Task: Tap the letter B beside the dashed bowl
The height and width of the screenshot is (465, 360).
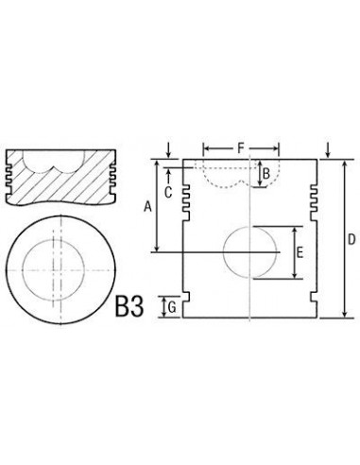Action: pos(266,173)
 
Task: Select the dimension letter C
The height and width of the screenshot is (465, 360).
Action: pos(166,192)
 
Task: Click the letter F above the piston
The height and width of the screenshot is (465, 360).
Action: pos(241,146)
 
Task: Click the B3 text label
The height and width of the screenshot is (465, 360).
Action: pos(132,307)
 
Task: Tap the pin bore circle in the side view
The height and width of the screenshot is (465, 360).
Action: pos(251,253)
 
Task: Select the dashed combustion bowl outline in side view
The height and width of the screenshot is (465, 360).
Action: pos(227,172)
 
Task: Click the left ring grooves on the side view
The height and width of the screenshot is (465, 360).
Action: pos(186,195)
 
